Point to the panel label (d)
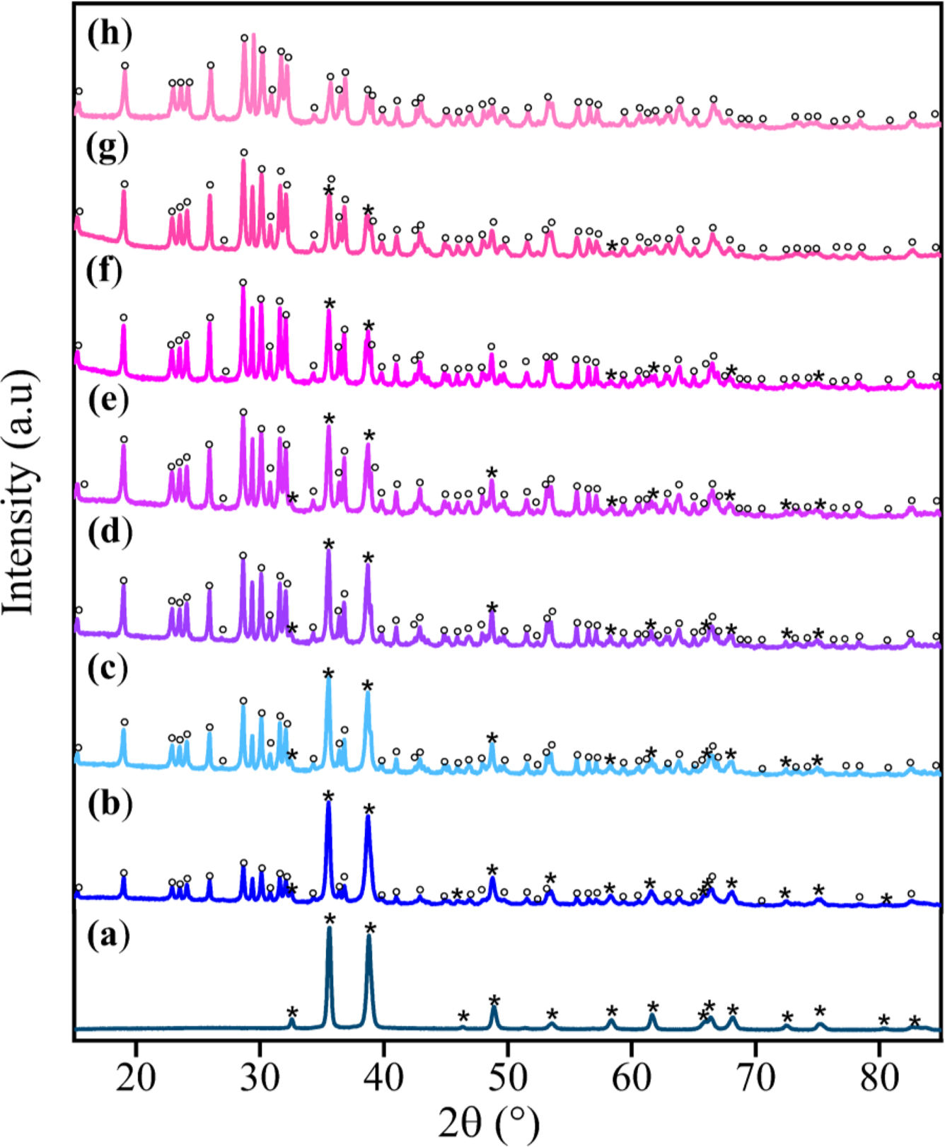[x=109, y=534]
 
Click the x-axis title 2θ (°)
[x=489, y=1122]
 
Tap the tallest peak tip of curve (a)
[x=329, y=928]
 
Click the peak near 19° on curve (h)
[x=125, y=72]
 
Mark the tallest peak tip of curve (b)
[x=328, y=804]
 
